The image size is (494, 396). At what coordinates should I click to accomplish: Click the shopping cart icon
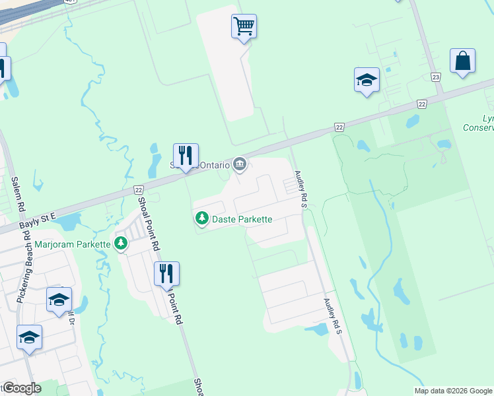pos(244,26)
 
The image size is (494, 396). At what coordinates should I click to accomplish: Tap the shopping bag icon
pos(462,61)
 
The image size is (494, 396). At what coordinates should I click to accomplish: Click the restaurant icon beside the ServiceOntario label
pos(186,156)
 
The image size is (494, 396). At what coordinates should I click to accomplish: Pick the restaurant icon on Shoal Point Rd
pos(166,273)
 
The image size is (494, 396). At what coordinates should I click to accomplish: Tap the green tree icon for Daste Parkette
pos(201,218)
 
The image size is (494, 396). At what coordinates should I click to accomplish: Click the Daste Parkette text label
pos(242,218)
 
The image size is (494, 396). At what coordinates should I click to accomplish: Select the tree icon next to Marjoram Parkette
pos(120,244)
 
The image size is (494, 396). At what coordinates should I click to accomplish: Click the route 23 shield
pos(436,77)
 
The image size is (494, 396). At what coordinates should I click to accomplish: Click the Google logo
pos(21,388)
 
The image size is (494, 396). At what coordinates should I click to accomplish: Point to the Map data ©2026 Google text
pos(452,391)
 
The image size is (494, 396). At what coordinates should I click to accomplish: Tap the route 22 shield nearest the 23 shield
pos(421,104)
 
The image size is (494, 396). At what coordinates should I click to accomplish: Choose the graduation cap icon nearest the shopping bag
pos(367,80)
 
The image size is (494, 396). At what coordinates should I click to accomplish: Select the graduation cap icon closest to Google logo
pos(29,337)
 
